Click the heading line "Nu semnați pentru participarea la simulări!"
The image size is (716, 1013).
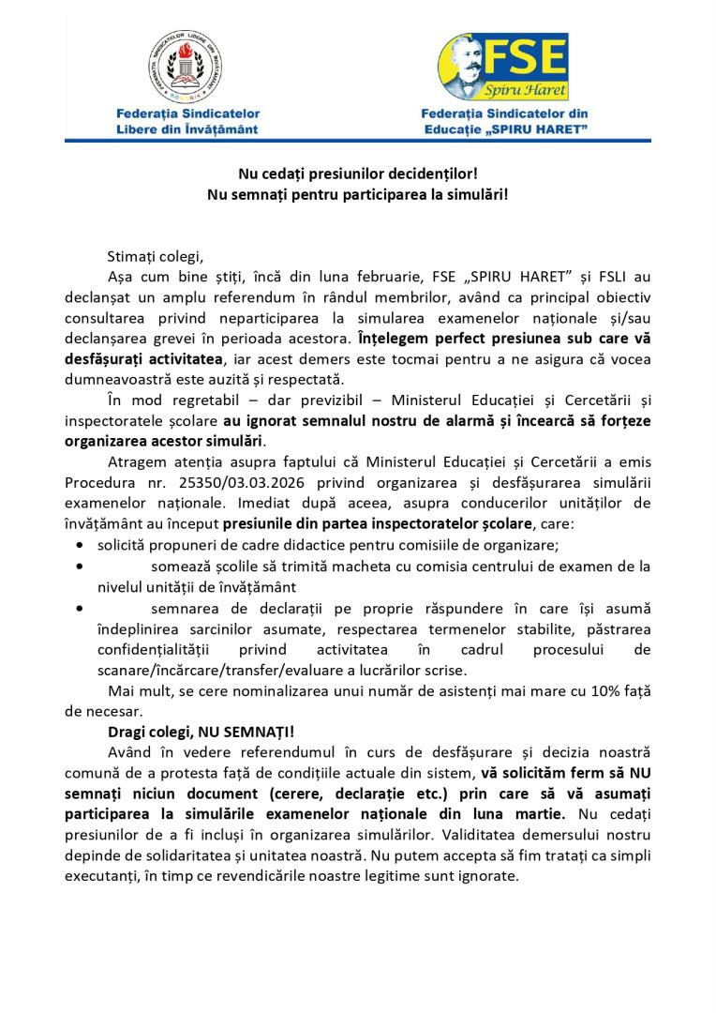point(357,194)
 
